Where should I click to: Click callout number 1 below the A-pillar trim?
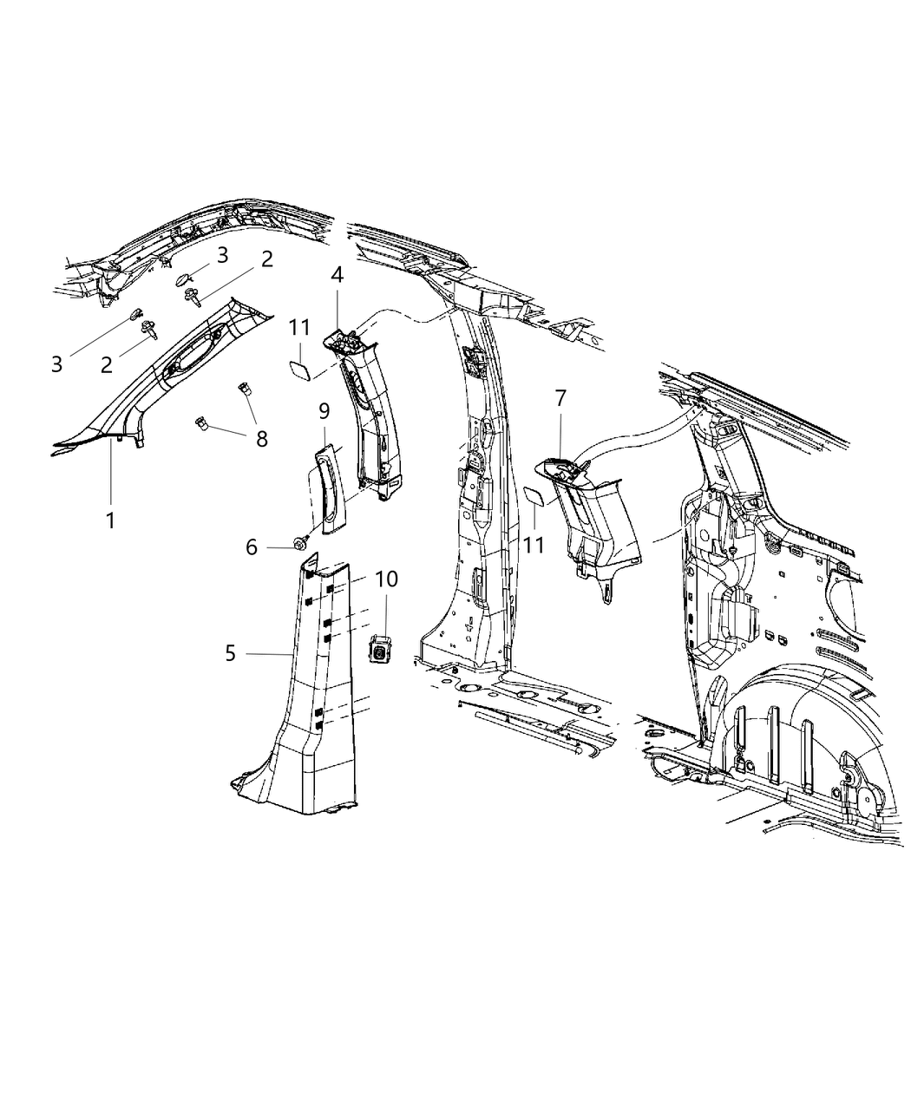click(x=110, y=520)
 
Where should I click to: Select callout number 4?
click(x=337, y=275)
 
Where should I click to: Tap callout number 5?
click(x=230, y=654)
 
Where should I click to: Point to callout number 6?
click(x=252, y=547)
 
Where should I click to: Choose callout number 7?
click(x=560, y=398)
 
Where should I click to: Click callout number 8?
click(x=262, y=439)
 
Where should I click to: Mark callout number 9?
click(x=324, y=411)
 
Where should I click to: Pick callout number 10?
click(x=387, y=579)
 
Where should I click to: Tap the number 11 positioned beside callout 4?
click(x=299, y=327)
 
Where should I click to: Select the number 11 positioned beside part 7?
click(x=534, y=545)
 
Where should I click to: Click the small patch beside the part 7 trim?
click(x=534, y=498)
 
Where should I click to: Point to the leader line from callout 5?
click(x=268, y=655)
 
